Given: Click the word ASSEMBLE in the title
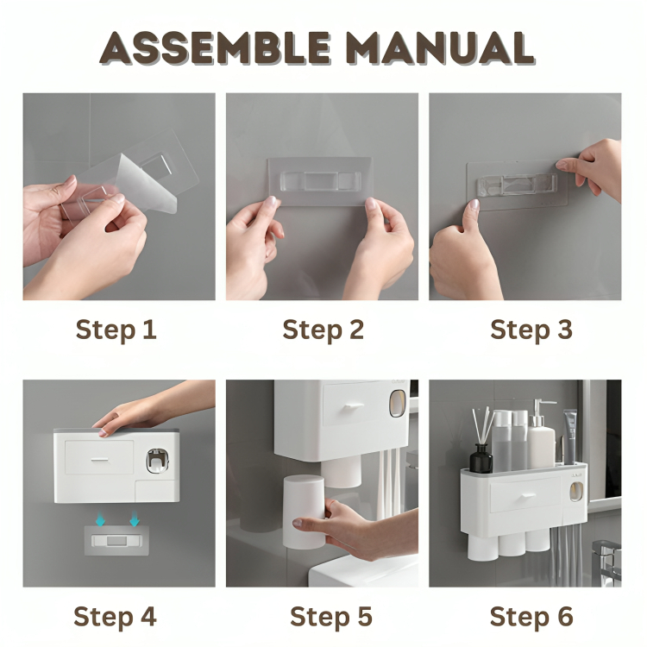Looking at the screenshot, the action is [x=215, y=47].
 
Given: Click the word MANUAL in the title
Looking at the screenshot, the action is [x=440, y=47].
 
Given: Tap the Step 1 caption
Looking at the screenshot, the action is [x=116, y=330].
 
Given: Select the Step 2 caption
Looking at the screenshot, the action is [x=323, y=330].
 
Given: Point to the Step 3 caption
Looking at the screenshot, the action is [x=531, y=330].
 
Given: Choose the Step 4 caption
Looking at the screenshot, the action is [x=115, y=617].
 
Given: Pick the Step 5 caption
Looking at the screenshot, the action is [x=331, y=617].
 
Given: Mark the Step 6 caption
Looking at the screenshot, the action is [x=531, y=617].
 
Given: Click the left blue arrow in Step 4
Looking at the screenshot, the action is [x=100, y=518].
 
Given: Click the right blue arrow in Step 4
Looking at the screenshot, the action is [x=134, y=518].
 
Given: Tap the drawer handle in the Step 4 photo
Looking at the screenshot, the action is [x=99, y=459].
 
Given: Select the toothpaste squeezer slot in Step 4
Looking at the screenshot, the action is [x=158, y=461].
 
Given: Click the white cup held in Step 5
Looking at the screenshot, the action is [x=305, y=512].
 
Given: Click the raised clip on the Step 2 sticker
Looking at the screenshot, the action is [x=320, y=181].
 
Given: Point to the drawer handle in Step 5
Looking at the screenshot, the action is [x=354, y=406].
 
